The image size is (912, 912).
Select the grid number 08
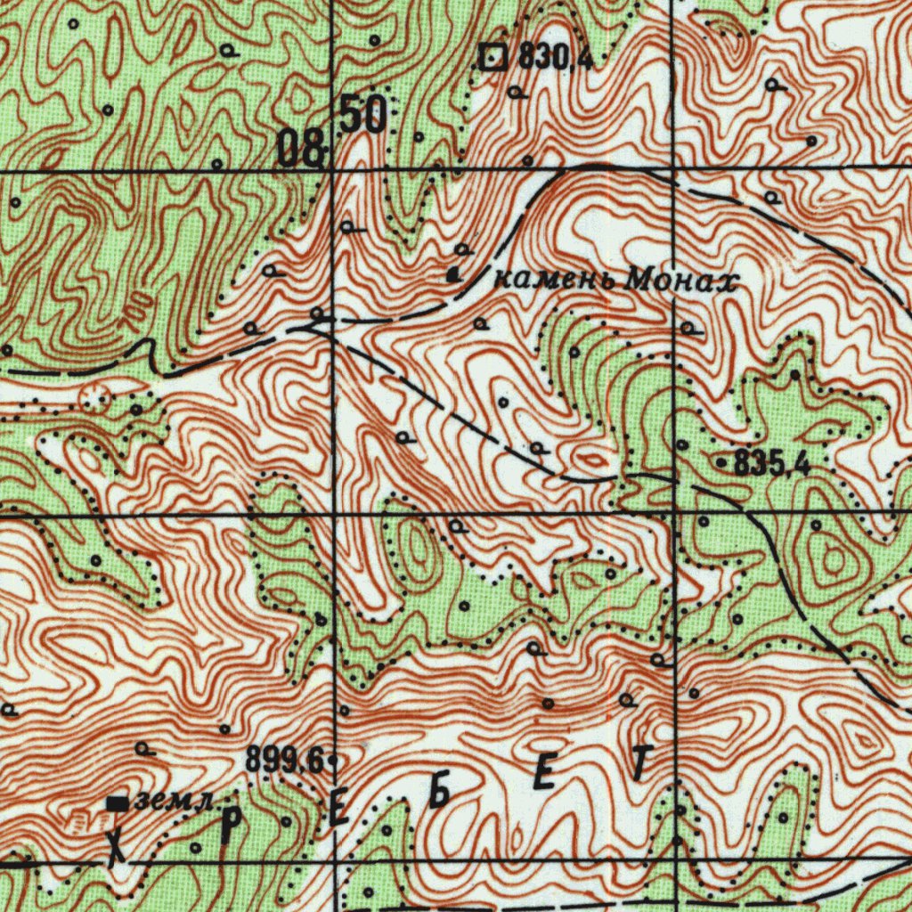click(300, 149)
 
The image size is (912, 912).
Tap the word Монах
click(682, 281)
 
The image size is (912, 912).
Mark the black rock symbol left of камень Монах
click(454, 275)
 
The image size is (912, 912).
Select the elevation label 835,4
click(772, 464)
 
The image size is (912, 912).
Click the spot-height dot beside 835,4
click(721, 464)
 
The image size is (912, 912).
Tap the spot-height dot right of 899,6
click(332, 761)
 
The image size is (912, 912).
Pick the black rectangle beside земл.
click(118, 803)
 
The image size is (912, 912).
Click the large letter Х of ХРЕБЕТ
click(116, 850)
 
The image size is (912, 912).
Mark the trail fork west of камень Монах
click(312, 327)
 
